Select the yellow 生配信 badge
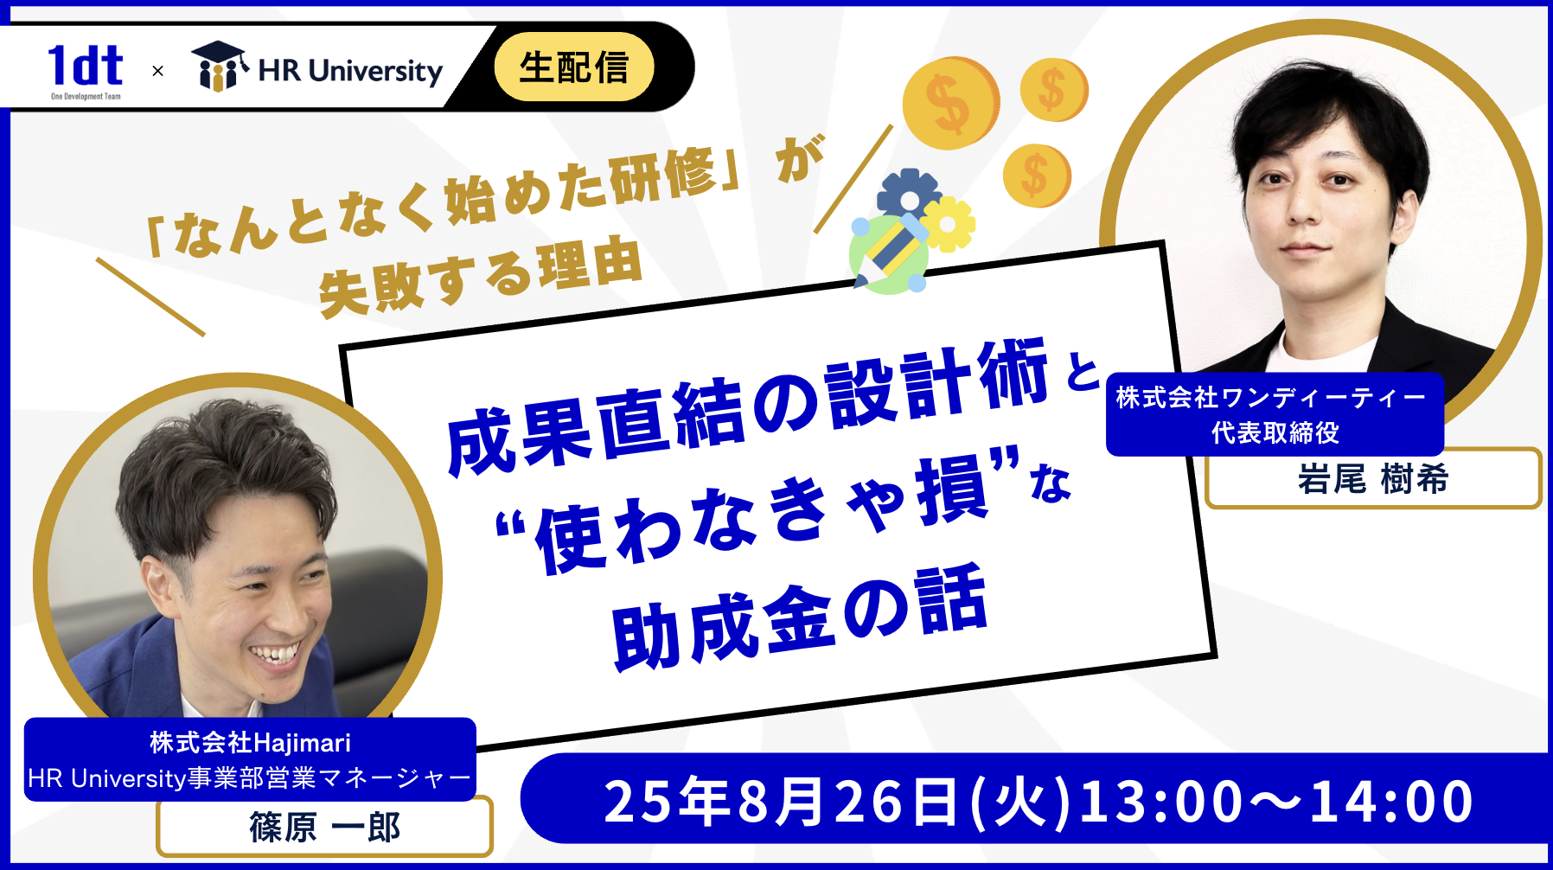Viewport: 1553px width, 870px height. pos(573,67)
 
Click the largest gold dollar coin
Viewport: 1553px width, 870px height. pos(950,104)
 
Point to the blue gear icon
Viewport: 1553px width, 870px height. pos(907,195)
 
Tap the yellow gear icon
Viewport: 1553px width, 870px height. pos(948,224)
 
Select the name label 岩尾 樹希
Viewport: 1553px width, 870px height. pos(1372,479)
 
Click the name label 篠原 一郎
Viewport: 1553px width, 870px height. pos(324,828)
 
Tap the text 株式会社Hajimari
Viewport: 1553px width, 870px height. pos(250,743)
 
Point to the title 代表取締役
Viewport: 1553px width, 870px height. pos(1275,432)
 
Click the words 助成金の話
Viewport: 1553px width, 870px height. pos(799,617)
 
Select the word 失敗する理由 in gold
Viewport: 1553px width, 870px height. pos(481,277)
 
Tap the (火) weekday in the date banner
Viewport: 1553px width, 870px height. pos(1020,802)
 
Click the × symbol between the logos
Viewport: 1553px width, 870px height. pos(157,71)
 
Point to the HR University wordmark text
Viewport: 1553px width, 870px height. pos(350,70)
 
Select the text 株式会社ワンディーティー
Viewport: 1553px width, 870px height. pos(1271,398)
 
